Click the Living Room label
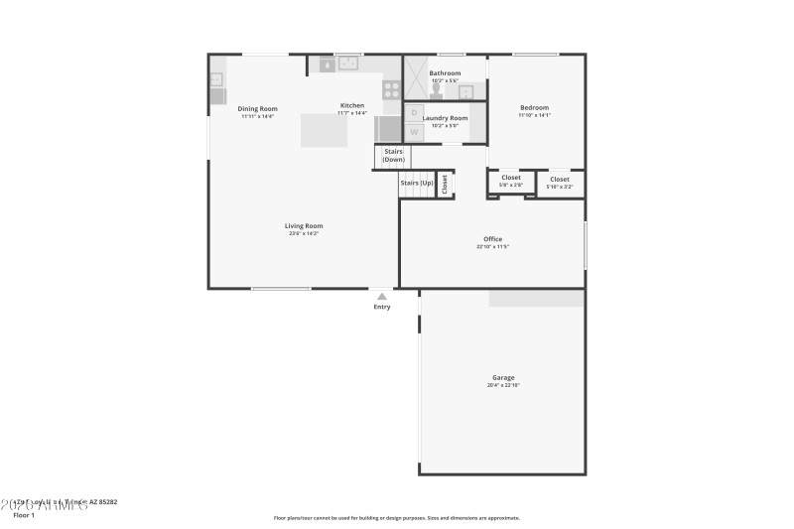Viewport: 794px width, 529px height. [x=305, y=226]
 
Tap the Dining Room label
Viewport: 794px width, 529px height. [x=257, y=108]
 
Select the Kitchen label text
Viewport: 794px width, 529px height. [x=352, y=105]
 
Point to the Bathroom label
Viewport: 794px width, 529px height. [x=445, y=72]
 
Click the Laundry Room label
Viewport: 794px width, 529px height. [x=445, y=118]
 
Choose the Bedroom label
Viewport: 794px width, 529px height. [x=534, y=107]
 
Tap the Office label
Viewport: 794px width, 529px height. [x=492, y=239]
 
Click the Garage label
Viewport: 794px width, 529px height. [x=503, y=377]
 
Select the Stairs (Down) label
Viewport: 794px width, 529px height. [x=394, y=156]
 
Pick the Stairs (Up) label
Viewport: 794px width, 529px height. [x=417, y=183]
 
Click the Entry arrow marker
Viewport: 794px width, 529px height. [x=382, y=296]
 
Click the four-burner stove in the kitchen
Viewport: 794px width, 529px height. [x=391, y=90]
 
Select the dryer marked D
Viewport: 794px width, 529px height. [x=414, y=112]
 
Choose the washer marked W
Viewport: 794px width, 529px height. [x=414, y=131]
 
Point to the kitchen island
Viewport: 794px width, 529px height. [x=325, y=130]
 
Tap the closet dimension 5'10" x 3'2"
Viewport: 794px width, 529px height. [x=560, y=187]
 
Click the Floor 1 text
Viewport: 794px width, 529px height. [x=23, y=515]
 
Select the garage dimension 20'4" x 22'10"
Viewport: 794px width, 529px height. [x=503, y=385]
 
